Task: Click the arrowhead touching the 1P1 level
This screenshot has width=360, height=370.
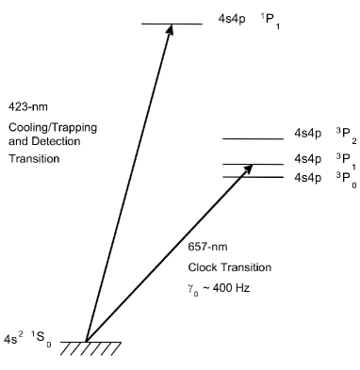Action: coord(170,29)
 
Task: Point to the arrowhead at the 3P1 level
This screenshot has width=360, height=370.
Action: coord(250,169)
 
